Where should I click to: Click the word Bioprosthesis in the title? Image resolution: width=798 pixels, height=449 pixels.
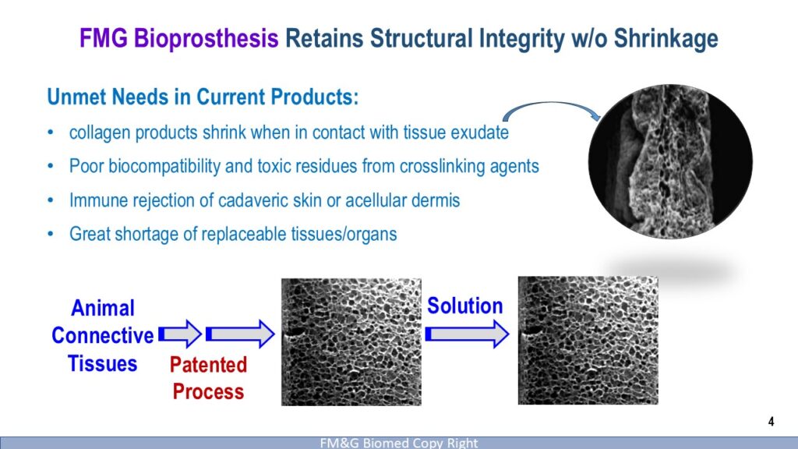tap(206, 39)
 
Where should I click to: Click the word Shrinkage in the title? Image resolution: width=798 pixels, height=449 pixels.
tap(666, 39)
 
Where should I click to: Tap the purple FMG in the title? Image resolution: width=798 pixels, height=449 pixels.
tap(104, 38)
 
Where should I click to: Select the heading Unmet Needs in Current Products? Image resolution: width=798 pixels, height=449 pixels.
tap(203, 97)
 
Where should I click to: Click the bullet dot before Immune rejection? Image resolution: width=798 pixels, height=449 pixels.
tap(51, 200)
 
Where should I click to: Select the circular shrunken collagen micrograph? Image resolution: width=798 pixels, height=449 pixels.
tap(670, 161)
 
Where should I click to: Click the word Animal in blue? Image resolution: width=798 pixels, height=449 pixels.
tap(103, 308)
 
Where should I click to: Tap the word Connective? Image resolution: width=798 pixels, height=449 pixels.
tap(102, 335)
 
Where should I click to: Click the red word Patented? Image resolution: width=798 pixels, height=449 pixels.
tap(208, 365)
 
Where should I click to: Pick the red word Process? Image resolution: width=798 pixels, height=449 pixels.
tap(208, 391)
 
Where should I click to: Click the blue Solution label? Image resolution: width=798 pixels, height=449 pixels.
tap(464, 306)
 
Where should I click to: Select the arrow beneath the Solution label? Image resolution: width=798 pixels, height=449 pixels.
tap(468, 334)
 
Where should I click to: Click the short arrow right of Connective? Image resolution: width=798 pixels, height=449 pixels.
tap(180, 334)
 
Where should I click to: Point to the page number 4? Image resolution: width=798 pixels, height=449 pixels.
tap(771, 422)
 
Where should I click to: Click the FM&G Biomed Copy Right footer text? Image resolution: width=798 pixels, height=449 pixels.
tap(399, 443)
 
